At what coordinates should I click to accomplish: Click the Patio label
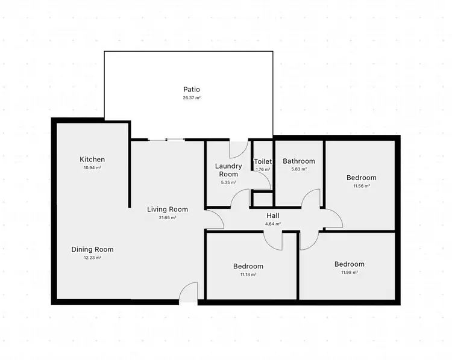pyautogui.click(x=192, y=89)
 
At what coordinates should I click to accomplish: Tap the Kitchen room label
pyautogui.click(x=92, y=160)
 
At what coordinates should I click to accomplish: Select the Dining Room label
pyautogui.click(x=92, y=249)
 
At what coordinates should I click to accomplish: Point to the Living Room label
pyautogui.click(x=168, y=209)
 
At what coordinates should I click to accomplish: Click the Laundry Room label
pyautogui.click(x=228, y=170)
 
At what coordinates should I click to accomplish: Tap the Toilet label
pyautogui.click(x=263, y=161)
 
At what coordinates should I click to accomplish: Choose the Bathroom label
pyautogui.click(x=299, y=161)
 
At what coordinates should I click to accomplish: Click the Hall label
pyautogui.click(x=273, y=216)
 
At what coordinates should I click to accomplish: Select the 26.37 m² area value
pyautogui.click(x=192, y=98)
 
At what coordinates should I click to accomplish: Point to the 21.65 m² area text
pyautogui.click(x=168, y=218)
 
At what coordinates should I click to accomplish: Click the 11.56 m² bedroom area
pyautogui.click(x=361, y=186)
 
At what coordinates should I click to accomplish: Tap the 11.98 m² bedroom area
pyautogui.click(x=350, y=272)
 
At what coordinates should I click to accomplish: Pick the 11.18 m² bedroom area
pyautogui.click(x=248, y=275)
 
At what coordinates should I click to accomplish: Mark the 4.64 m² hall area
pyautogui.click(x=273, y=224)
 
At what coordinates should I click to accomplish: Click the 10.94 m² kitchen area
pyautogui.click(x=92, y=168)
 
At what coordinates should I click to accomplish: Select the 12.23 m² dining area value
pyautogui.click(x=92, y=258)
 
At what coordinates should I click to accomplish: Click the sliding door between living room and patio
pyautogui.click(x=166, y=140)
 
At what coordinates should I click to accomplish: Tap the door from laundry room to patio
pyautogui.click(x=238, y=144)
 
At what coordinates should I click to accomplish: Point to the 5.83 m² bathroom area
pyautogui.click(x=299, y=170)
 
